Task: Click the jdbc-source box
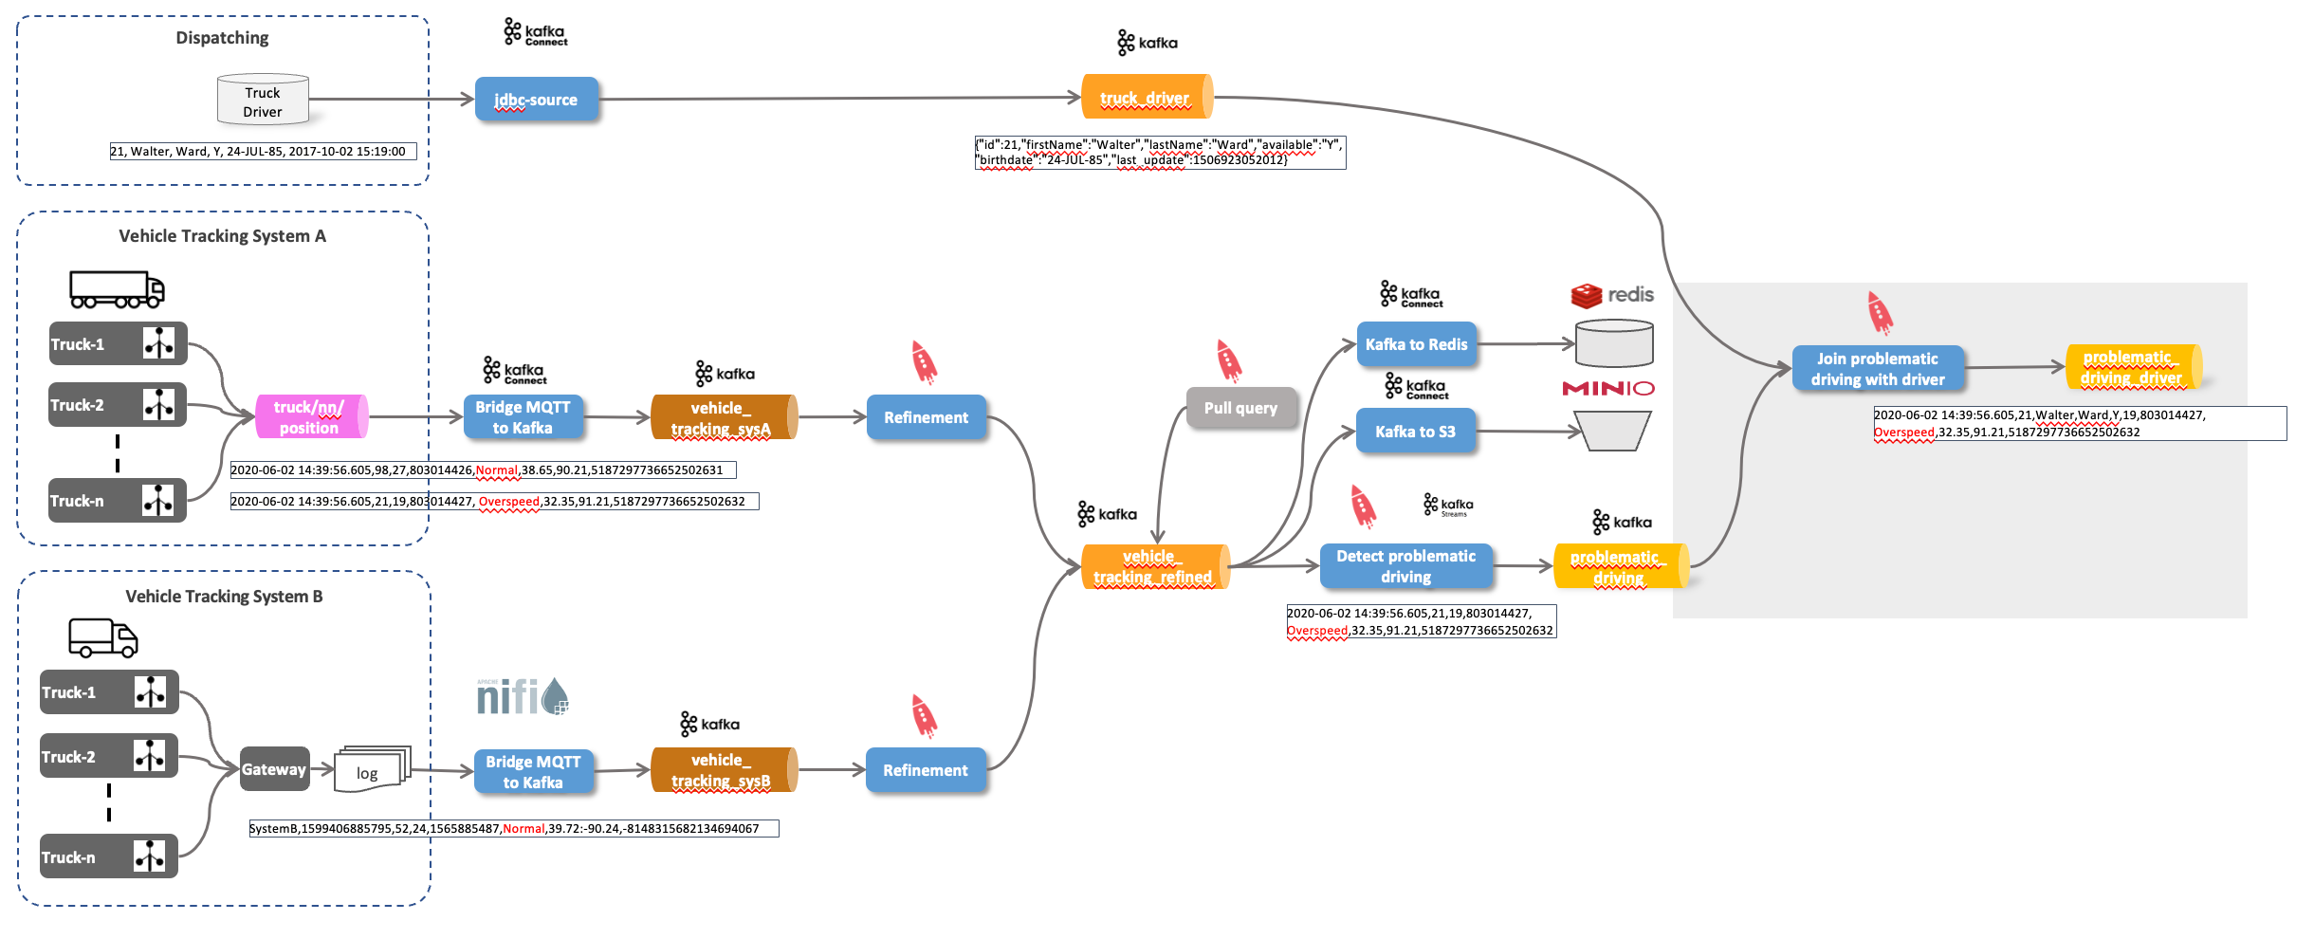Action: tap(536, 100)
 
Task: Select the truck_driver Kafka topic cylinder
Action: tap(1146, 97)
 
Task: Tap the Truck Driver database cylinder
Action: tap(263, 101)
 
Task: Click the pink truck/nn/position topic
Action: tap(310, 417)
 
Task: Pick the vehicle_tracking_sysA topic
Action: tap(723, 418)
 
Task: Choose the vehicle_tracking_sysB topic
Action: tap(723, 770)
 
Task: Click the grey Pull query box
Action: tap(1240, 408)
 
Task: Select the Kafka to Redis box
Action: tap(1416, 344)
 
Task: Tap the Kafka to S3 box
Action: tap(1415, 432)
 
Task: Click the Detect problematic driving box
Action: tap(1405, 566)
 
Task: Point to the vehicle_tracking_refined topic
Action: tap(1154, 566)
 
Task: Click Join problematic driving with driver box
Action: tap(1878, 369)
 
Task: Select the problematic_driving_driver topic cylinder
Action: tap(2132, 367)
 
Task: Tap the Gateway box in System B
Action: tap(274, 769)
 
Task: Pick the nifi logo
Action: tap(522, 697)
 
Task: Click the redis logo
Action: tap(1611, 295)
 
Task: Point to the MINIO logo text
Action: tap(1607, 388)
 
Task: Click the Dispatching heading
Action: tap(222, 38)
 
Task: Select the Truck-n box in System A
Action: tap(118, 501)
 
